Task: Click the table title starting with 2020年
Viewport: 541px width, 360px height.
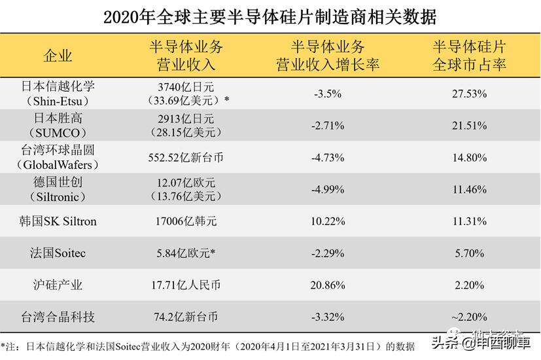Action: pyautogui.click(x=270, y=16)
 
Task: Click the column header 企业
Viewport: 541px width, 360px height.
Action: pyautogui.click(x=58, y=56)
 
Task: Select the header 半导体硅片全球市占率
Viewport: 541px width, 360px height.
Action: pyautogui.click(x=469, y=56)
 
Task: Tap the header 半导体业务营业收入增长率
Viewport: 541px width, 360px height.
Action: pyautogui.click(x=328, y=56)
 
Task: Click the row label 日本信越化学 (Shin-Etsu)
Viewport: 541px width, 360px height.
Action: pyautogui.click(x=58, y=94)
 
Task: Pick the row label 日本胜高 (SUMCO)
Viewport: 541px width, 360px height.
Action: pyautogui.click(x=58, y=125)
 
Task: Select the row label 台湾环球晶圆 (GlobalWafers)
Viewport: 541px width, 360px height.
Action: pyautogui.click(x=58, y=157)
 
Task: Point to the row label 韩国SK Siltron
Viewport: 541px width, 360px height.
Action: pyautogui.click(x=58, y=221)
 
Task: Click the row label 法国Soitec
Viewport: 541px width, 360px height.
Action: pyautogui.click(x=58, y=253)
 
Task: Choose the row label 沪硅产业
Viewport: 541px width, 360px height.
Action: pyautogui.click(x=58, y=285)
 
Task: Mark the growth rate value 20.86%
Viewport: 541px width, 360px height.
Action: pyautogui.click(x=328, y=285)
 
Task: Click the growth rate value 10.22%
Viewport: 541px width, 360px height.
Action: pyautogui.click(x=328, y=221)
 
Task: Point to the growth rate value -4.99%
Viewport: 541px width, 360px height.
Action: pyautogui.click(x=328, y=189)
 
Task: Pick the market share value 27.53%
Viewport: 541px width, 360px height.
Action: pyautogui.click(x=469, y=94)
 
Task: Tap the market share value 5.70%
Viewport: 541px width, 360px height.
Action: pyautogui.click(x=469, y=253)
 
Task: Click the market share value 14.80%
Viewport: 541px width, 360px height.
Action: pyautogui.click(x=469, y=157)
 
